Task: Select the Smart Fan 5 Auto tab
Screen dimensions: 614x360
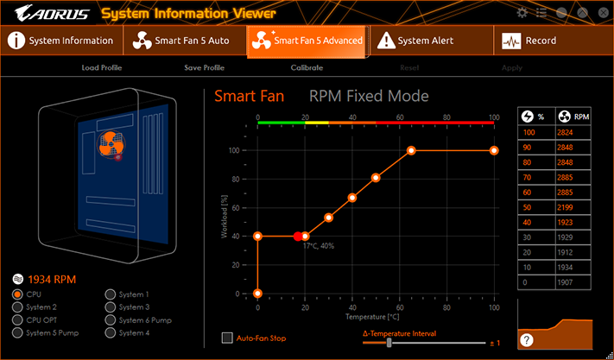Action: pyautogui.click(x=185, y=41)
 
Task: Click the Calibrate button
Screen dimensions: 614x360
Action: pyautogui.click(x=307, y=67)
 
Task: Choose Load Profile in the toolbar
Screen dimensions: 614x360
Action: pyautogui.click(x=102, y=67)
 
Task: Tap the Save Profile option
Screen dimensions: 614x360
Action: pyautogui.click(x=205, y=67)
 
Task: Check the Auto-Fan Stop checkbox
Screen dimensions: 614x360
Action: pyautogui.click(x=227, y=338)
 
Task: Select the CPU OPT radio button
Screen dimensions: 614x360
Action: pyautogui.click(x=17, y=319)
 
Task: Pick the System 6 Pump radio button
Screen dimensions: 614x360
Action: pyautogui.click(x=111, y=319)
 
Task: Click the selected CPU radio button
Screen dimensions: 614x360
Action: pyautogui.click(x=17, y=294)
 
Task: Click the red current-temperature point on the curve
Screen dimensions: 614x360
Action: pyautogui.click(x=298, y=236)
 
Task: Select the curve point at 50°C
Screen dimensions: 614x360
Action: pyautogui.click(x=376, y=178)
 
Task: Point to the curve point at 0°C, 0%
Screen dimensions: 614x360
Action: pyautogui.click(x=257, y=294)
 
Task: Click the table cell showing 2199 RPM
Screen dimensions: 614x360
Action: pyautogui.click(x=573, y=207)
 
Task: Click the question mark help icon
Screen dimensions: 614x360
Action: pyautogui.click(x=526, y=340)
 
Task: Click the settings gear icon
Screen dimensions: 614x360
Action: pyautogui.click(x=522, y=13)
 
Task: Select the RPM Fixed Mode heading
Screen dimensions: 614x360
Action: pyautogui.click(x=369, y=97)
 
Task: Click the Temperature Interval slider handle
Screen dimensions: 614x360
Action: pyautogui.click(x=389, y=343)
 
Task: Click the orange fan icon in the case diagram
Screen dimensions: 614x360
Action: pyautogui.click(x=111, y=144)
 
